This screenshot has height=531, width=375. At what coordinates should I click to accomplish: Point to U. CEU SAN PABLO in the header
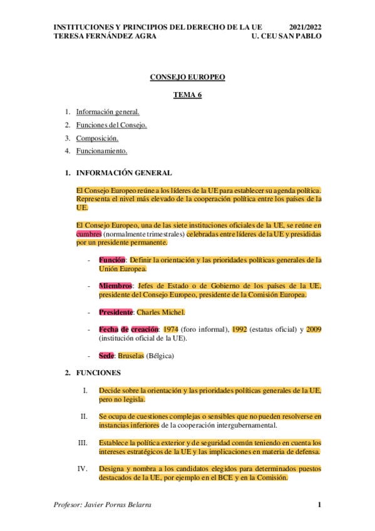(286, 37)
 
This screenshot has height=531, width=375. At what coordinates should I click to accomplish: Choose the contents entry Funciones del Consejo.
(111, 125)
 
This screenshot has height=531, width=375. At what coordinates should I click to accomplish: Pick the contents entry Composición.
(97, 138)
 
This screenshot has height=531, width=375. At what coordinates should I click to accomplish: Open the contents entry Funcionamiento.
(102, 151)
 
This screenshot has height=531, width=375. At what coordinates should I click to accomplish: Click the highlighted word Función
(112, 259)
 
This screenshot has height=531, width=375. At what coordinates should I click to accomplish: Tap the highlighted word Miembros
(115, 286)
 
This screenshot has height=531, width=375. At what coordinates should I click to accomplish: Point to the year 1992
(239, 329)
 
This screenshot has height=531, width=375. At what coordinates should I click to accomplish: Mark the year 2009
(314, 329)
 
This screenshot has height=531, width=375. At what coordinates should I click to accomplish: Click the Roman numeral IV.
(83, 468)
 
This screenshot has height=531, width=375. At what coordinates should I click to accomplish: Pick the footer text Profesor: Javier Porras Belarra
(103, 505)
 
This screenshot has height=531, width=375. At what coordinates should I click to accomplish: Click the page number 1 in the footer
(319, 505)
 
